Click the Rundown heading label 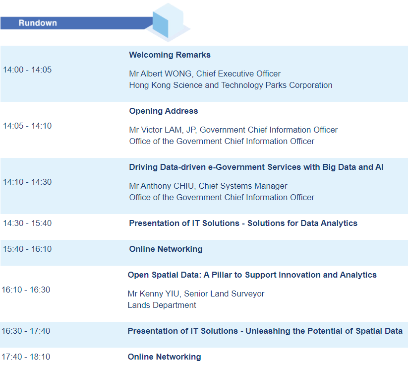pos(38,23)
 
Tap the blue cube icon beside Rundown pos(168,22)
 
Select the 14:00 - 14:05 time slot pos(27,70)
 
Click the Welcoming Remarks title pos(170,55)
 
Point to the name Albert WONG pos(166,74)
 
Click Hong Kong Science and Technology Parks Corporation pos(231,85)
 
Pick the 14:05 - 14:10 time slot pos(27,126)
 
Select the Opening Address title pos(164,111)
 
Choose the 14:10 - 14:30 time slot pos(27,182)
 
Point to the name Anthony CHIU pos(167,186)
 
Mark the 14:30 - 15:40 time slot pos(27,223)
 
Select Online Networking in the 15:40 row pos(166,249)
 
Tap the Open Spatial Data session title pos(252,275)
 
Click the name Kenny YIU pos(159,294)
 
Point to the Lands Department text pos(162,305)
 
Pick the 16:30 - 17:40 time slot pos(26,331)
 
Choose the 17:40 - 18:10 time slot pos(26,357)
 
